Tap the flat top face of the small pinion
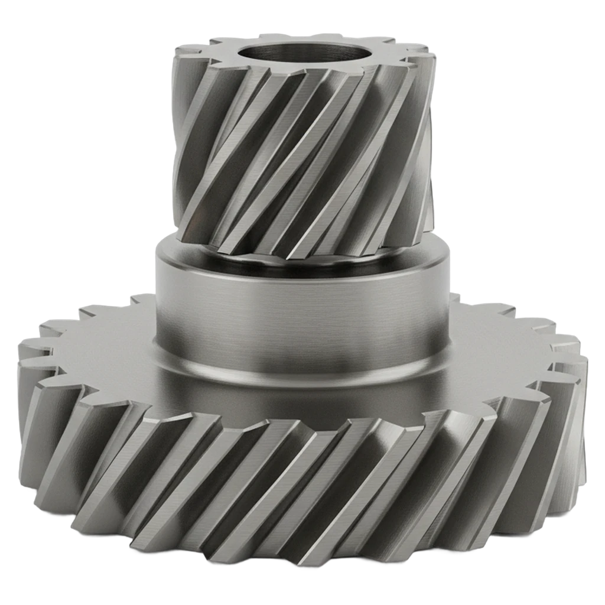[x=219, y=58]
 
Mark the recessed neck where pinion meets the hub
[x=301, y=251]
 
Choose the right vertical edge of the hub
[x=446, y=307]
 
